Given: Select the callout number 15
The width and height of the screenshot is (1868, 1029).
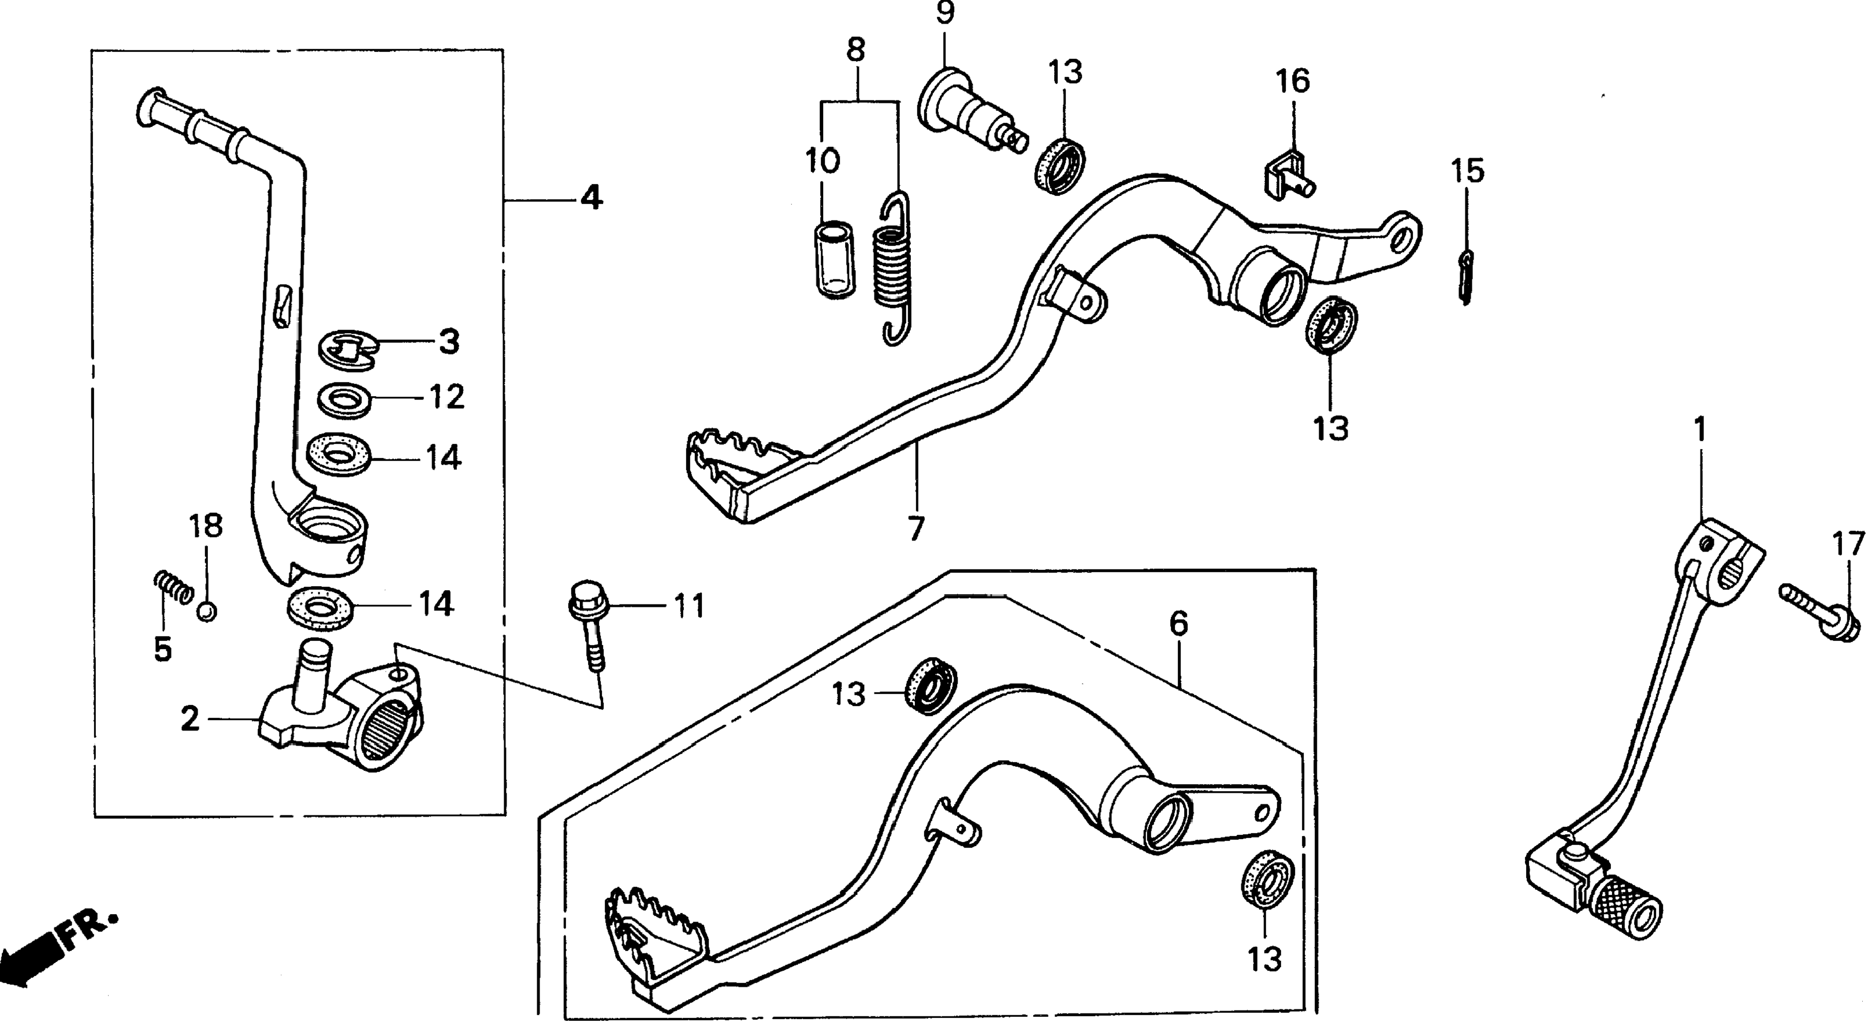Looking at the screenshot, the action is [x=1468, y=171].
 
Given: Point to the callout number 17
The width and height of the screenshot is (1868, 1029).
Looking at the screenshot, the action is [x=1848, y=544].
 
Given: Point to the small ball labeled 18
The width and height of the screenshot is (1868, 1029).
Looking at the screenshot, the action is [x=207, y=612].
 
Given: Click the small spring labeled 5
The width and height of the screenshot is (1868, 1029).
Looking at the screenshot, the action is [x=174, y=587].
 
